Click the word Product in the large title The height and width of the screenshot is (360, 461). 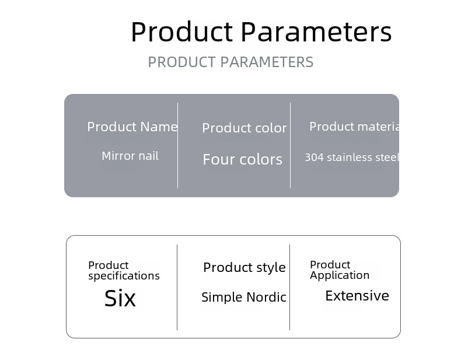point(182,32)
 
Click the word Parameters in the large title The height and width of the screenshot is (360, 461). point(316,32)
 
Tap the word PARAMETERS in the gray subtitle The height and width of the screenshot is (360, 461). point(267,62)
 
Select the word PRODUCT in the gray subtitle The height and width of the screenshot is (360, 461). point(182,62)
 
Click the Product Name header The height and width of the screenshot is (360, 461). point(132,127)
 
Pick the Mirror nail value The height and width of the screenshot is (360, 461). point(130,156)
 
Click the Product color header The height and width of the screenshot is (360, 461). point(245,128)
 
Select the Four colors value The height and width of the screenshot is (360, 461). point(243,159)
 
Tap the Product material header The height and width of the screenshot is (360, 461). point(354,127)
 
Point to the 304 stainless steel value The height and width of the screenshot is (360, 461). point(352,157)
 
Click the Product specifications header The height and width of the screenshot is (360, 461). point(124,270)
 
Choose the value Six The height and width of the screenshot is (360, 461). point(120,298)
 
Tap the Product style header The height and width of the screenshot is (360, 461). point(245,267)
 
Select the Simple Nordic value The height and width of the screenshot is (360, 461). point(244,297)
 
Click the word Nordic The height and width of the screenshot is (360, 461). point(266,297)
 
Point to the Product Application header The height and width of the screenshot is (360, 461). point(340,270)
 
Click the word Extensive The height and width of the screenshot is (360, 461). point(357,296)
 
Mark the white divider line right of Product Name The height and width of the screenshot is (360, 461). point(177,145)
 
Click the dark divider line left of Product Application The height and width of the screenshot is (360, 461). point(289,287)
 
